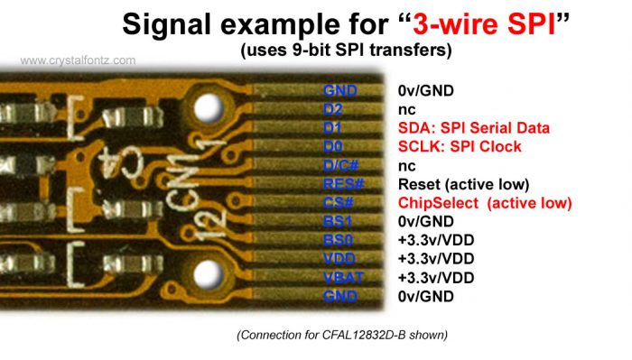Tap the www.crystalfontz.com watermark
click(x=78, y=60)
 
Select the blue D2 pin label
click(x=333, y=109)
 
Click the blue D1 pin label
click(x=333, y=128)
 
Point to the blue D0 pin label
click(x=333, y=146)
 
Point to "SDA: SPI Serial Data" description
click(x=473, y=128)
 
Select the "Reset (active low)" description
click(x=463, y=184)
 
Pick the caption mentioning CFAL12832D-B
click(x=342, y=336)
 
